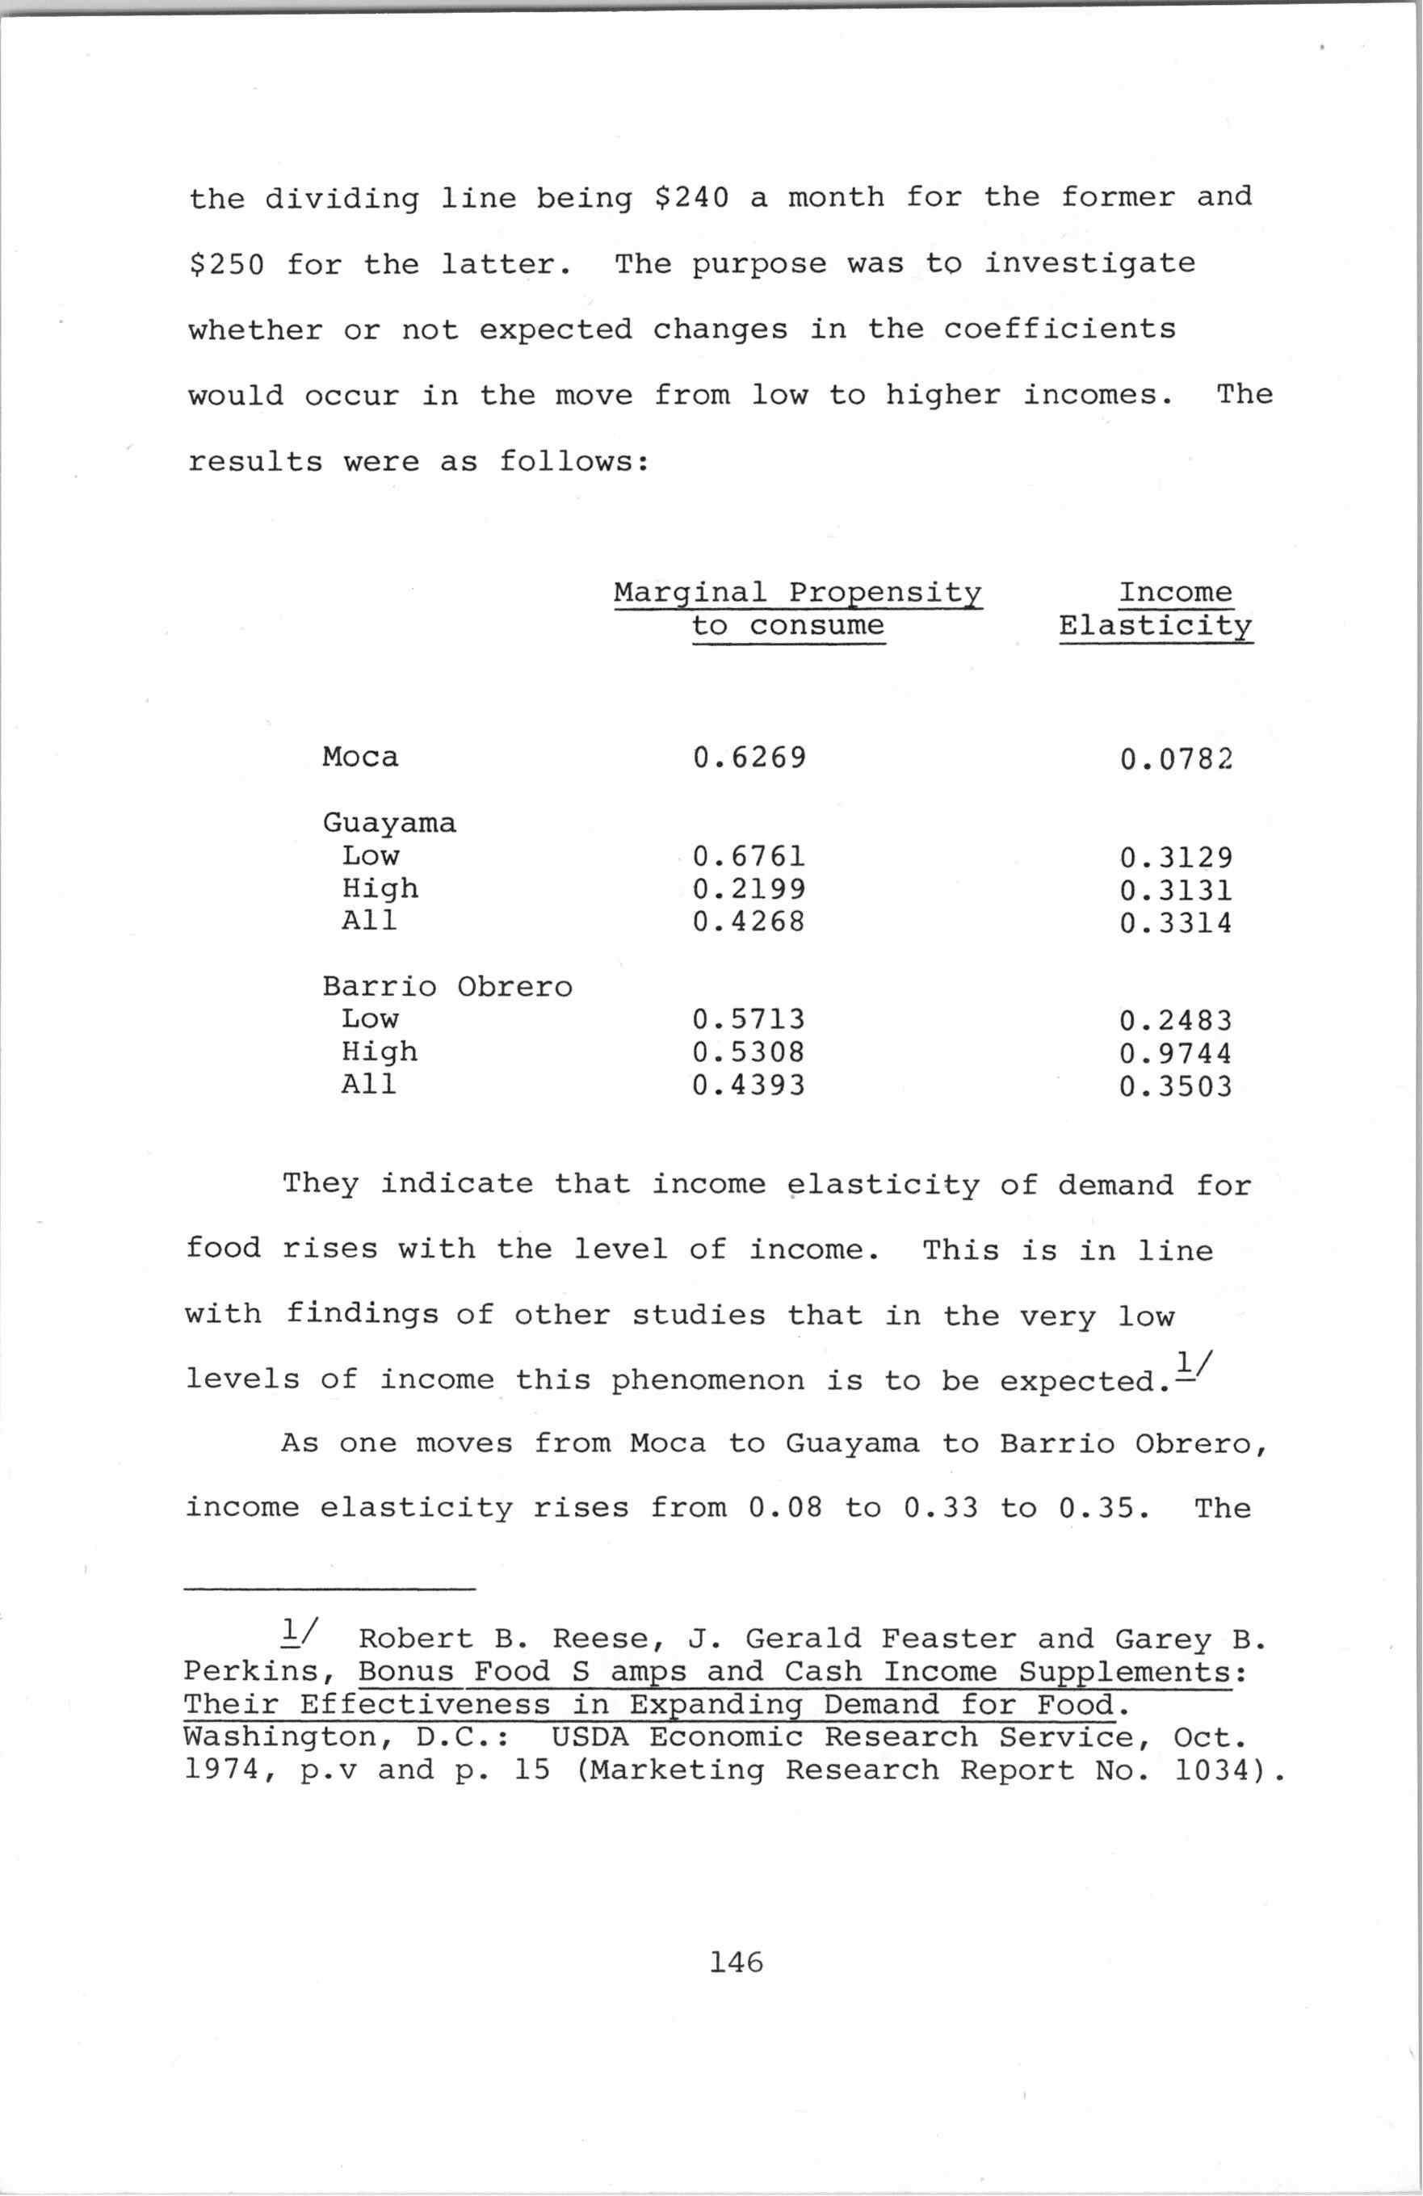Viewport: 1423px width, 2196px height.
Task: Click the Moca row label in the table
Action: [x=360, y=758]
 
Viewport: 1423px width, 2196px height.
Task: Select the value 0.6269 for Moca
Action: [x=749, y=758]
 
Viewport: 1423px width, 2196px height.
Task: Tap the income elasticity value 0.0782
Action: [x=1176, y=759]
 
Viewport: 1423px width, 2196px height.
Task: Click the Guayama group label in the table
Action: [x=388, y=822]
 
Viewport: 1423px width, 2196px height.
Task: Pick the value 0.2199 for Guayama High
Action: [x=749, y=889]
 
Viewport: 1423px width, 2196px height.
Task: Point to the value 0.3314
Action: [x=1176, y=922]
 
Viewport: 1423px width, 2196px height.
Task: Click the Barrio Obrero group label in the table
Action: [x=447, y=986]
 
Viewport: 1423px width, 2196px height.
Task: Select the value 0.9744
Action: [x=1176, y=1054]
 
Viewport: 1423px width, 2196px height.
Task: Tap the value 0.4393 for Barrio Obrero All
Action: [x=749, y=1085]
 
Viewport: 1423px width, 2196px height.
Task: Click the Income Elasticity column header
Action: [x=1156, y=609]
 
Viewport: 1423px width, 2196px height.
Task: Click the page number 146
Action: [x=736, y=1963]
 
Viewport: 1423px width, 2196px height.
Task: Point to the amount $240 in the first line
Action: [x=691, y=197]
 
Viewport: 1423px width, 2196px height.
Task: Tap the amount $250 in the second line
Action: [x=226, y=265]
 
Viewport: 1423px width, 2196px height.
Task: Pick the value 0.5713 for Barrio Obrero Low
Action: [x=749, y=1019]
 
